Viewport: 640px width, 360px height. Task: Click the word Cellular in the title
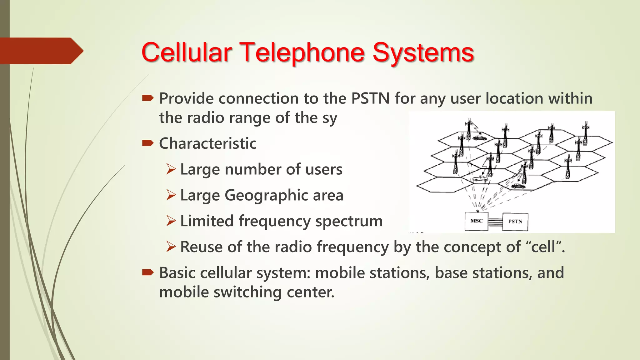click(187, 52)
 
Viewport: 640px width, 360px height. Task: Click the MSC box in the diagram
click(476, 221)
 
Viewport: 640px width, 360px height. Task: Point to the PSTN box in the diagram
click(515, 222)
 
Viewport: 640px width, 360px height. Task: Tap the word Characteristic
click(208, 143)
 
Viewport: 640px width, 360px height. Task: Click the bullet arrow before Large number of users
click(171, 169)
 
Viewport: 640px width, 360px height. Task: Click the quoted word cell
click(544, 247)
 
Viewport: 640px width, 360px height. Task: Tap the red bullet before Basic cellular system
click(147, 272)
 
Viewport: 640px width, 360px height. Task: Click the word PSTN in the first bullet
click(370, 98)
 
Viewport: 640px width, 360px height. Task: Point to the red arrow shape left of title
click(41, 51)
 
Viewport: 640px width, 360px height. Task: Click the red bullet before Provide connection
click(147, 98)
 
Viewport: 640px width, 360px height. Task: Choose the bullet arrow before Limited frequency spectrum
click(171, 221)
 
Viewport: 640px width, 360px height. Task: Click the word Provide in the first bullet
click(187, 98)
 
